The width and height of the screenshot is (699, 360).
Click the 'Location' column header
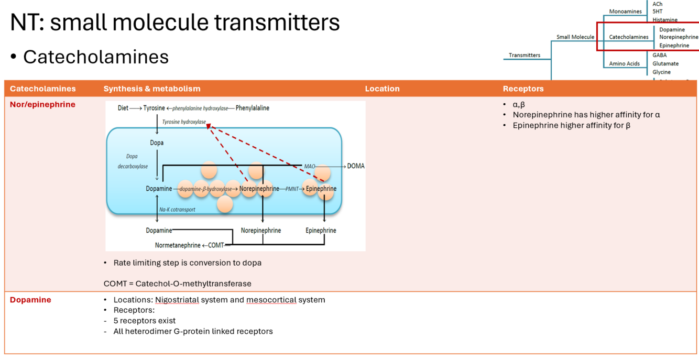pyautogui.click(x=382, y=89)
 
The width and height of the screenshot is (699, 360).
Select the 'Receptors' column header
pyautogui.click(x=522, y=89)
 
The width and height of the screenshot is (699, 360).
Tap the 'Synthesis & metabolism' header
pyautogui.click(x=152, y=89)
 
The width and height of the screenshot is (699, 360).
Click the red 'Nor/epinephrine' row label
pyautogui.click(x=42, y=104)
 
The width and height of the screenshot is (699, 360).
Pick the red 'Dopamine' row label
pyautogui.click(x=30, y=300)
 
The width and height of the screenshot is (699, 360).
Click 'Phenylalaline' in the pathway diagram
pyautogui.click(x=253, y=108)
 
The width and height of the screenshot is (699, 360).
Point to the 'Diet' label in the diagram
pyautogui.click(x=123, y=108)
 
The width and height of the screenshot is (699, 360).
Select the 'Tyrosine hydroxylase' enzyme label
pyautogui.click(x=184, y=122)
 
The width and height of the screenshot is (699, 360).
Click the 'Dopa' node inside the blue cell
pyautogui.click(x=157, y=143)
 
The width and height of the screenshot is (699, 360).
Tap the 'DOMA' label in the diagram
pyautogui.click(x=356, y=166)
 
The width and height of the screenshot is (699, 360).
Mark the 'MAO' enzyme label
pyautogui.click(x=310, y=167)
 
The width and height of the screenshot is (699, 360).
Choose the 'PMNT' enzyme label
pyautogui.click(x=292, y=189)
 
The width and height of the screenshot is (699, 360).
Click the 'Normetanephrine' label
pyautogui.click(x=178, y=245)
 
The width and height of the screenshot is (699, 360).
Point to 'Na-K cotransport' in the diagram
pyautogui.click(x=177, y=210)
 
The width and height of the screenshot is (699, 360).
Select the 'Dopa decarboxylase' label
pyautogui.click(x=133, y=161)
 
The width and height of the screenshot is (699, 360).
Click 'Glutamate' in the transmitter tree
pyautogui.click(x=665, y=63)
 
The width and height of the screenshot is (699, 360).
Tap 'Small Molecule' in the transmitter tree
pyautogui.click(x=575, y=37)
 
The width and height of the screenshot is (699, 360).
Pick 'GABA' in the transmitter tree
pyautogui.click(x=660, y=55)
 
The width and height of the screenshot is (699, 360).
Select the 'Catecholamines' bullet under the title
pyautogui.click(x=95, y=57)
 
